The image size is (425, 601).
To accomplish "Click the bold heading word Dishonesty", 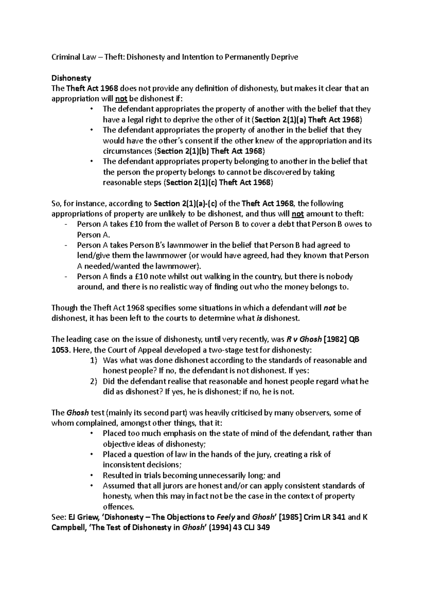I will [71, 78].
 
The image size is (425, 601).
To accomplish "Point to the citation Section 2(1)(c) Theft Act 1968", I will [220, 183].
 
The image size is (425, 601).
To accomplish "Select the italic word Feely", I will [225, 517].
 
